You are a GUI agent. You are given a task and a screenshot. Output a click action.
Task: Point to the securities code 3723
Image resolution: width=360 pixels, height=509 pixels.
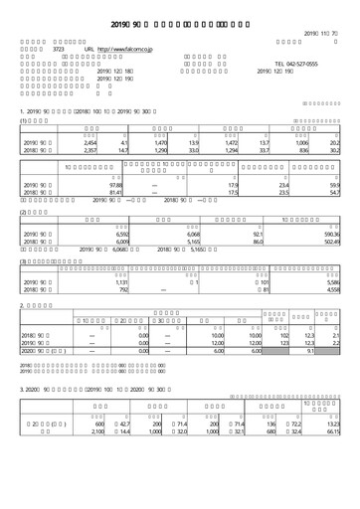point(58,48)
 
